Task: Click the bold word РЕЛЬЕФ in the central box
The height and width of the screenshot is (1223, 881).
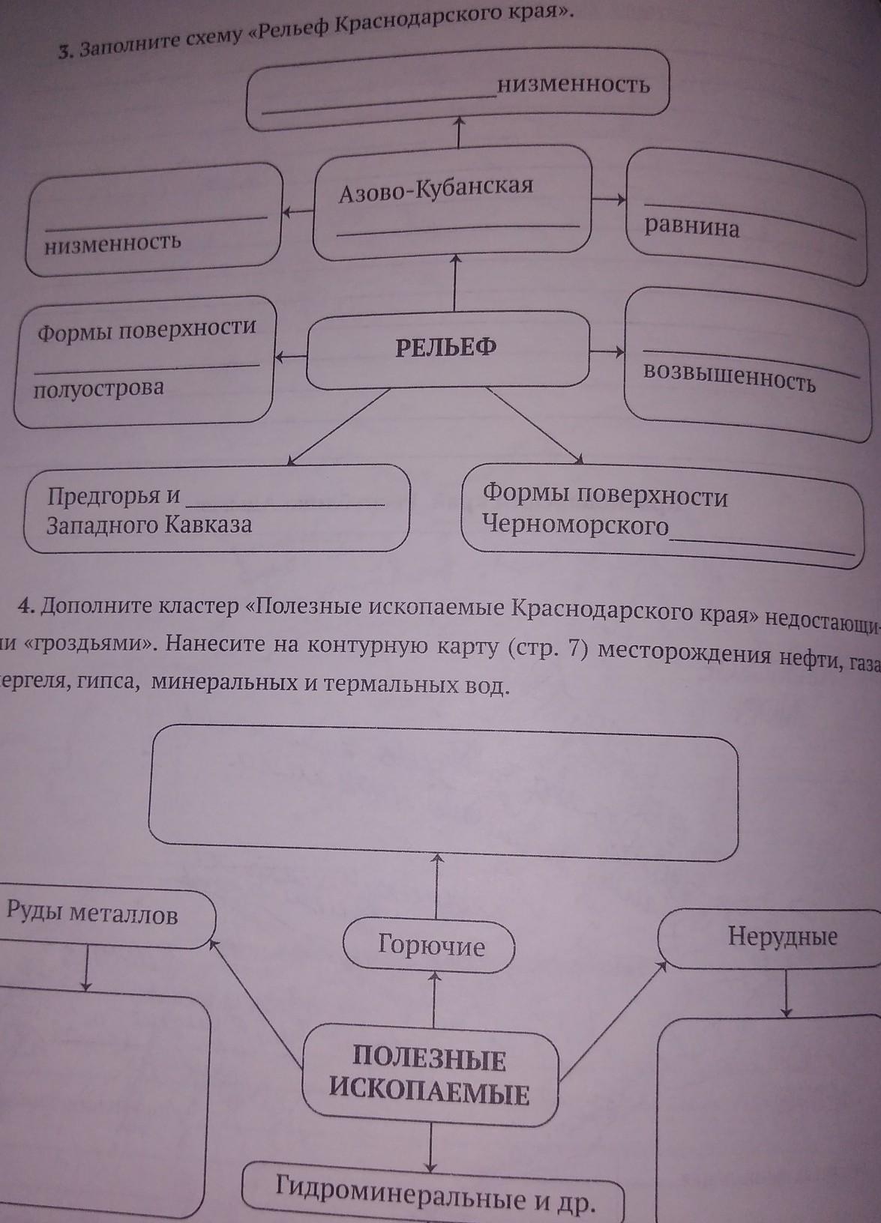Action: (x=445, y=347)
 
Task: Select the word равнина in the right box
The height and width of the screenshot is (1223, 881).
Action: (x=691, y=226)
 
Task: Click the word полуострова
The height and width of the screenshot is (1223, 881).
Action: (x=97, y=388)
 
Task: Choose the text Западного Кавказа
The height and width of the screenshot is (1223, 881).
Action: (x=148, y=524)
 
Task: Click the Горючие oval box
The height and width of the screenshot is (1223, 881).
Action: (x=430, y=946)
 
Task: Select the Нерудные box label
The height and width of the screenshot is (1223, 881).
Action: (x=782, y=937)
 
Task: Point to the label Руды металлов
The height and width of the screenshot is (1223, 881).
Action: (x=91, y=914)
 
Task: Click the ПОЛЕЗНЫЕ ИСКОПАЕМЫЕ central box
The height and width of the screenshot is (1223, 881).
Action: (x=430, y=1077)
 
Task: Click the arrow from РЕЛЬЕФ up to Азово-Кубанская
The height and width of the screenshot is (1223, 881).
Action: (x=454, y=283)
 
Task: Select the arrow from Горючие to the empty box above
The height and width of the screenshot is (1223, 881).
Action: (x=434, y=887)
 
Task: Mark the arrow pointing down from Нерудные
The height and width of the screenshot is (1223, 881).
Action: (x=786, y=993)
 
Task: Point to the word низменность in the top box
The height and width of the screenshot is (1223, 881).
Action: (x=573, y=85)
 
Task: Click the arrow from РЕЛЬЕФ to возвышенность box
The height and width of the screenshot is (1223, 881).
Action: (x=607, y=351)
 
